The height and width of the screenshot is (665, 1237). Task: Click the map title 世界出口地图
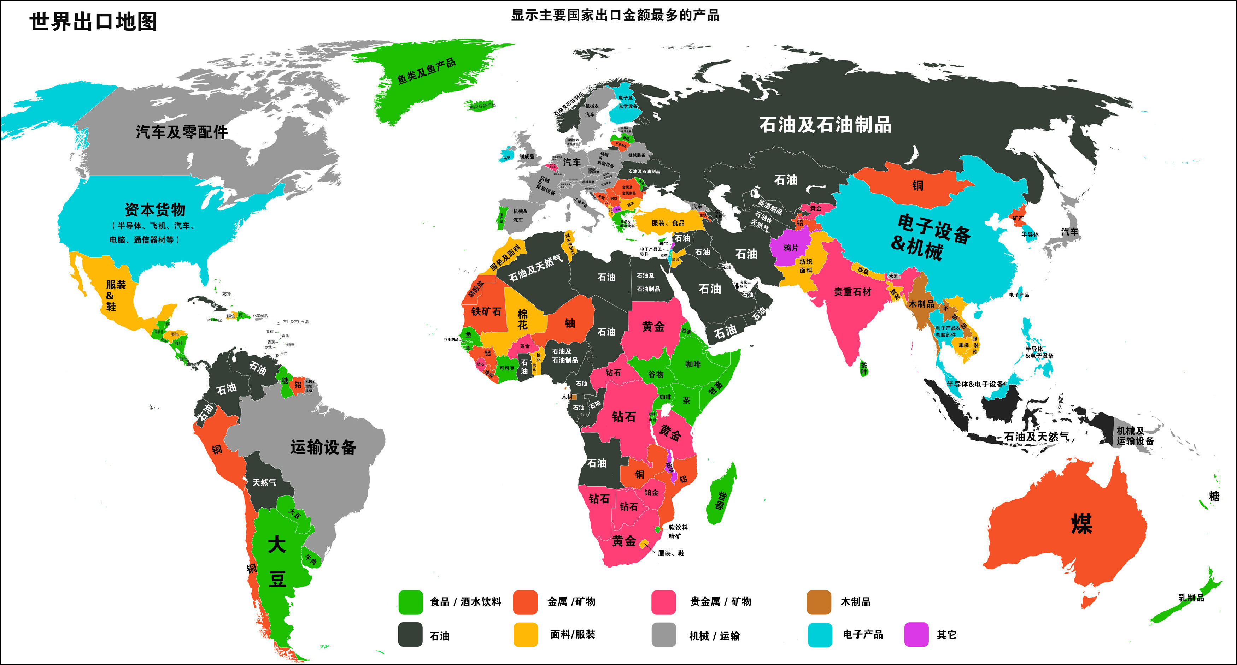point(93,22)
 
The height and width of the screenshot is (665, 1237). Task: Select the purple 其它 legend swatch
point(916,634)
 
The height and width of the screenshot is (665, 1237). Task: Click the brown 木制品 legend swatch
point(819,602)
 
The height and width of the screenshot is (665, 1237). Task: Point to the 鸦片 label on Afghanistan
point(790,248)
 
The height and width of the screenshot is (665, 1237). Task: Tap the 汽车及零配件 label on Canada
point(182,132)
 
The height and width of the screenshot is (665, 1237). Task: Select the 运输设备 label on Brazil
point(323,447)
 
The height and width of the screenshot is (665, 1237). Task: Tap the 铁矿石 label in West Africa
point(486,311)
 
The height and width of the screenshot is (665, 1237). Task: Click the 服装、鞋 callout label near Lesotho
point(671,553)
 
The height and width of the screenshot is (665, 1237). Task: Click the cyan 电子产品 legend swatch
point(820,634)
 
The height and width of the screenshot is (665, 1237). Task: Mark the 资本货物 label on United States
point(155,210)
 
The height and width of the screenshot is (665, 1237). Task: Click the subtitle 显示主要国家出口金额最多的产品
point(615,15)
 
